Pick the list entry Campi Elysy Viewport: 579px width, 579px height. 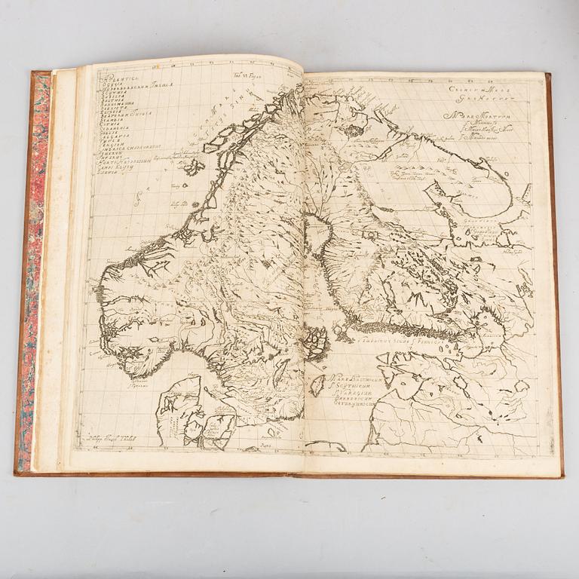(x=118, y=187)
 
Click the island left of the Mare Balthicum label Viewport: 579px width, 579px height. (x=317, y=384)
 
